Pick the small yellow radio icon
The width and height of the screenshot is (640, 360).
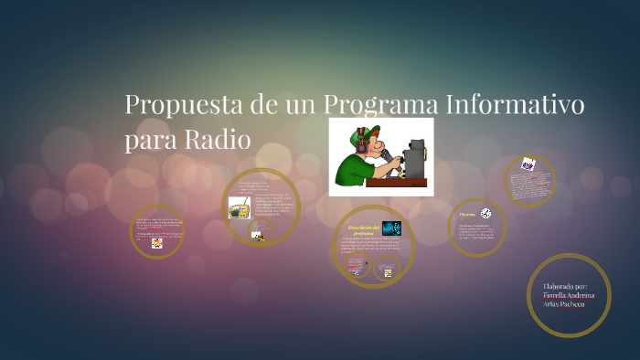240,210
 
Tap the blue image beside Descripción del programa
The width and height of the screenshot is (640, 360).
391,228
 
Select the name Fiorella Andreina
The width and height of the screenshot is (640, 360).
569,295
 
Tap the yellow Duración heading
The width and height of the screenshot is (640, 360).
467,214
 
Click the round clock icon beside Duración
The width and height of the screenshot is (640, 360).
485,213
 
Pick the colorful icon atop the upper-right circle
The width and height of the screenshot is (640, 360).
528,164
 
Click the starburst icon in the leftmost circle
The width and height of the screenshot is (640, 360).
157,243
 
